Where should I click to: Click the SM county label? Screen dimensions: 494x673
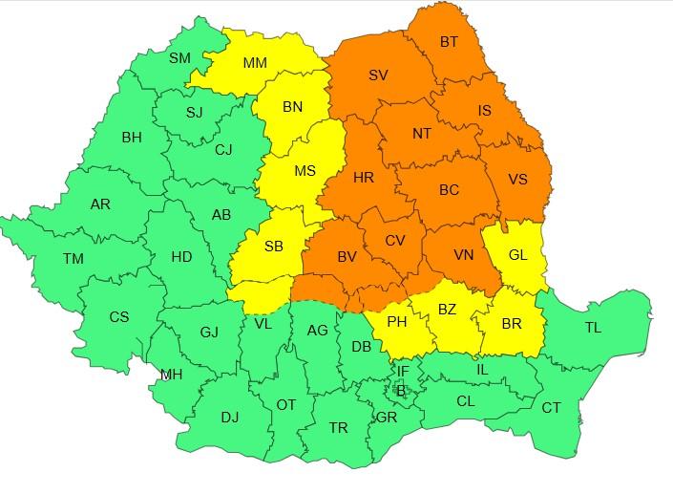(x=179, y=58)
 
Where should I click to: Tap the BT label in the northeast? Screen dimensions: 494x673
(x=449, y=42)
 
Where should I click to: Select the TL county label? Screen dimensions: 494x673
(x=593, y=328)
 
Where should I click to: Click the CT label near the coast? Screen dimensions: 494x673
(x=552, y=408)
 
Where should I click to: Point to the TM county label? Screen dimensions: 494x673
(x=73, y=259)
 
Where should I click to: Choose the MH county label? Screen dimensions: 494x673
(x=171, y=375)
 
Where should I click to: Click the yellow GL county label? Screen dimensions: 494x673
(x=516, y=255)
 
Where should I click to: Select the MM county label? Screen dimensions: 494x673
(x=255, y=64)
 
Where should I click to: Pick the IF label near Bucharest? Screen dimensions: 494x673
(x=402, y=371)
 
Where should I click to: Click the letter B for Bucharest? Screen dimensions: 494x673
(x=401, y=389)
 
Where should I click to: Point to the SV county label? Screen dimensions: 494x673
(x=378, y=75)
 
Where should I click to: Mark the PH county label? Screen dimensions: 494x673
(x=397, y=323)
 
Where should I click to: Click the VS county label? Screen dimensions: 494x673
(x=517, y=179)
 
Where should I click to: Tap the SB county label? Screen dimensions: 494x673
(x=273, y=247)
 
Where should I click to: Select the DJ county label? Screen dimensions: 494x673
(x=230, y=418)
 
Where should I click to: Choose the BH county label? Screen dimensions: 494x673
(x=131, y=138)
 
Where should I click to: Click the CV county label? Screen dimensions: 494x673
(x=395, y=241)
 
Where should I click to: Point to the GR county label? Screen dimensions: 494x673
(x=387, y=418)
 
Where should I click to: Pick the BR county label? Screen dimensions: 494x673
(x=512, y=324)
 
